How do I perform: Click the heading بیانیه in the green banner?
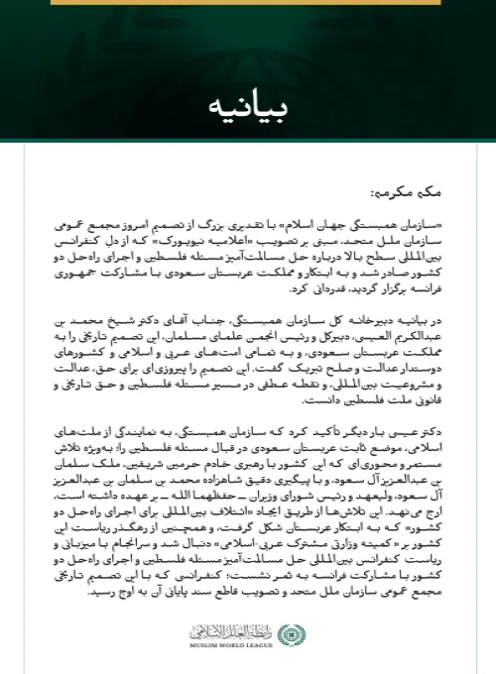pos(247,104)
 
